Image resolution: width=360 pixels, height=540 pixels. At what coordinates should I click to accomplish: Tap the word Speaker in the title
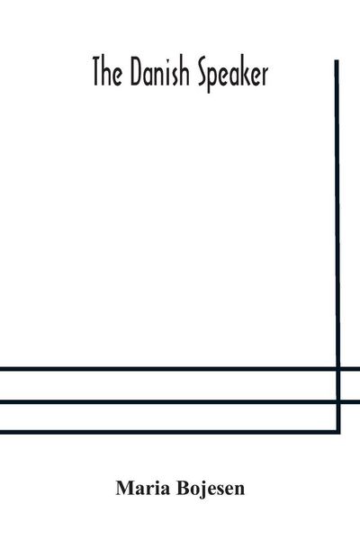point(234,75)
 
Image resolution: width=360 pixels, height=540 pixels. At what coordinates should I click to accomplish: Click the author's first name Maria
point(143,488)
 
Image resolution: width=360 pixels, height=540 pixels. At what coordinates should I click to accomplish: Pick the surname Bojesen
point(211,489)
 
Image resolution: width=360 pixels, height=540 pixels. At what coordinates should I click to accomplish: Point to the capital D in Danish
point(137,73)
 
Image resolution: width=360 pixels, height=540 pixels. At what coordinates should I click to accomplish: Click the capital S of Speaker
point(204,73)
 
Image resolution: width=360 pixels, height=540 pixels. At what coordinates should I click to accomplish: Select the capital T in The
point(98,73)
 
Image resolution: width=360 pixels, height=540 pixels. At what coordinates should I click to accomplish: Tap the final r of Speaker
point(265,77)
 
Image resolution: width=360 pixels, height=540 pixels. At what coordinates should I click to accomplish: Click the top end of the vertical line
point(337,60)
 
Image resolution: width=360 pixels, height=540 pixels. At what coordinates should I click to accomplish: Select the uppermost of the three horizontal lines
point(180,369)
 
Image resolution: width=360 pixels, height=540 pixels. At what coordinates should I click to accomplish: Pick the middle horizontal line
point(180,401)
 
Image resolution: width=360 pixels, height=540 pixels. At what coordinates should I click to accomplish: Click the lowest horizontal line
point(170,432)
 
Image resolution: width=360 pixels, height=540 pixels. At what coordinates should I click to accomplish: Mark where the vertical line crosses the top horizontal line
point(338,369)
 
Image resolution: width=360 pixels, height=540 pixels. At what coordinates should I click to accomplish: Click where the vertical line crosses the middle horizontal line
point(338,401)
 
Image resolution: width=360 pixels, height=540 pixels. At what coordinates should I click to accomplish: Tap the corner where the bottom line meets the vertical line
point(338,432)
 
